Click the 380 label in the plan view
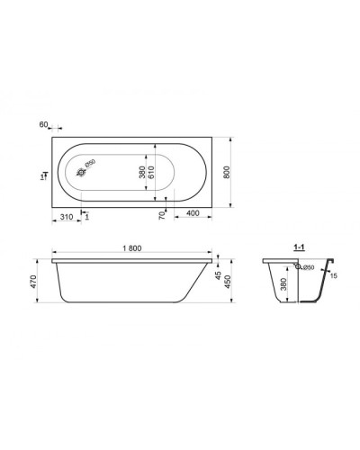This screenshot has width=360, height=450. (141, 173)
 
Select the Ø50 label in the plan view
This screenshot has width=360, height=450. (90, 163)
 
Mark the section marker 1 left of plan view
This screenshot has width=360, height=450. (42, 177)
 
